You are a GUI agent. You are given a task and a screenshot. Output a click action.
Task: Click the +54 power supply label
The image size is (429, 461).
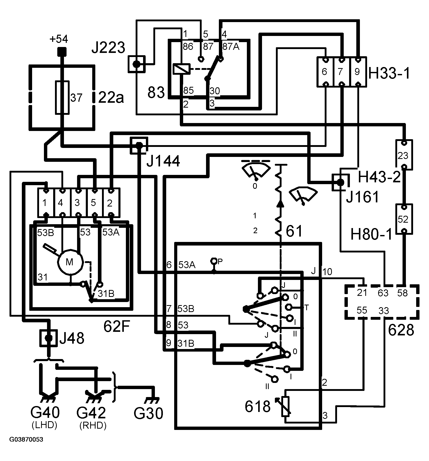pos(59,40)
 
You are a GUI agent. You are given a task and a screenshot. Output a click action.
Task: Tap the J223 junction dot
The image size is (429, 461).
pos(137,64)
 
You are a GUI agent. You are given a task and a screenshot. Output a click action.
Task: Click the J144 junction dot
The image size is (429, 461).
pos(139,145)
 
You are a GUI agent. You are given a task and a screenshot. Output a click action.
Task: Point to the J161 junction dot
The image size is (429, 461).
pos(340,182)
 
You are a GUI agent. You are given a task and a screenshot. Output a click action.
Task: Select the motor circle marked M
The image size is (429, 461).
pos(70,262)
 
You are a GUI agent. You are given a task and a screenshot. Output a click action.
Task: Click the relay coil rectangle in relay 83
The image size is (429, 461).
pos(181,69)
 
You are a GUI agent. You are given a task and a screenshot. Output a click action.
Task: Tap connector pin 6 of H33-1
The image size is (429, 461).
pos(325,72)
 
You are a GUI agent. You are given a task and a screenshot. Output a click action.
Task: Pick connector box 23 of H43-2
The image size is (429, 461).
pos(404,155)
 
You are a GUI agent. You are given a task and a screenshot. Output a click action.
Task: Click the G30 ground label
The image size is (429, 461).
pos(148,413)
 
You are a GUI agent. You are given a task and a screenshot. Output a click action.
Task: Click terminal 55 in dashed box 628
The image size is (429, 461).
pos(362,310)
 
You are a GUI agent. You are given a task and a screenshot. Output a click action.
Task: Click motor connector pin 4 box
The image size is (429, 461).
pos(62,203)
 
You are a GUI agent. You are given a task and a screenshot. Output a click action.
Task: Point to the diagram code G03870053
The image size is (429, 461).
pos(26,439)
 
